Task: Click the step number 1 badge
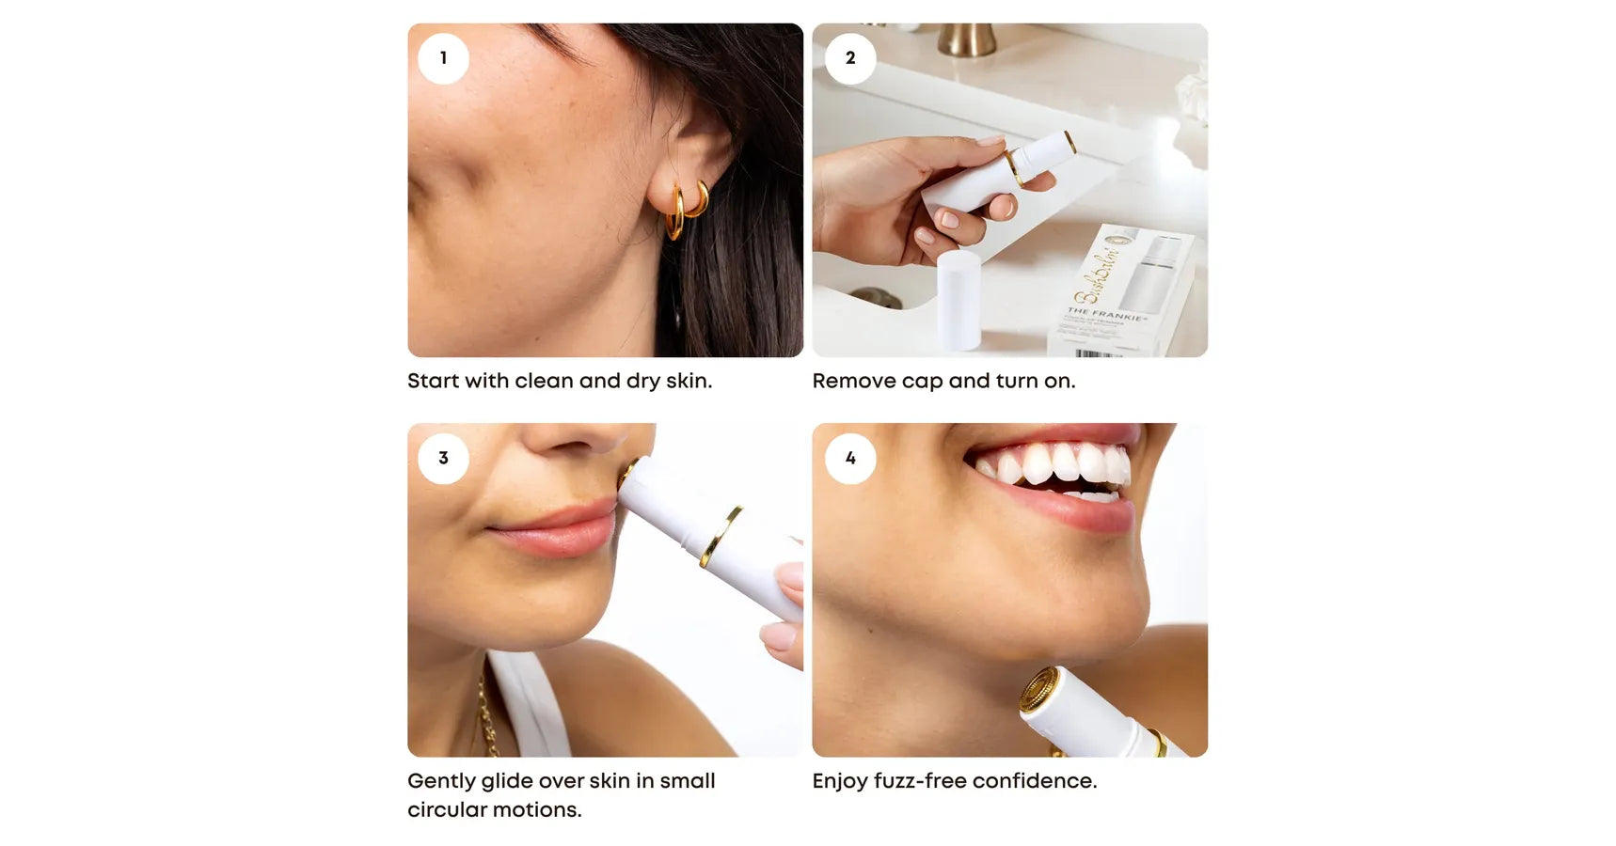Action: [443, 58]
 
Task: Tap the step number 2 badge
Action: [850, 58]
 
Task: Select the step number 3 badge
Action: [443, 458]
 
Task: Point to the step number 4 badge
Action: [850, 458]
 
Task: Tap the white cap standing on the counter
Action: [959, 299]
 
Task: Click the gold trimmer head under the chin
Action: [1038, 690]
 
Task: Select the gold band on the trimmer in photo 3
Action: [721, 536]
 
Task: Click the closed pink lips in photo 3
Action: [555, 530]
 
